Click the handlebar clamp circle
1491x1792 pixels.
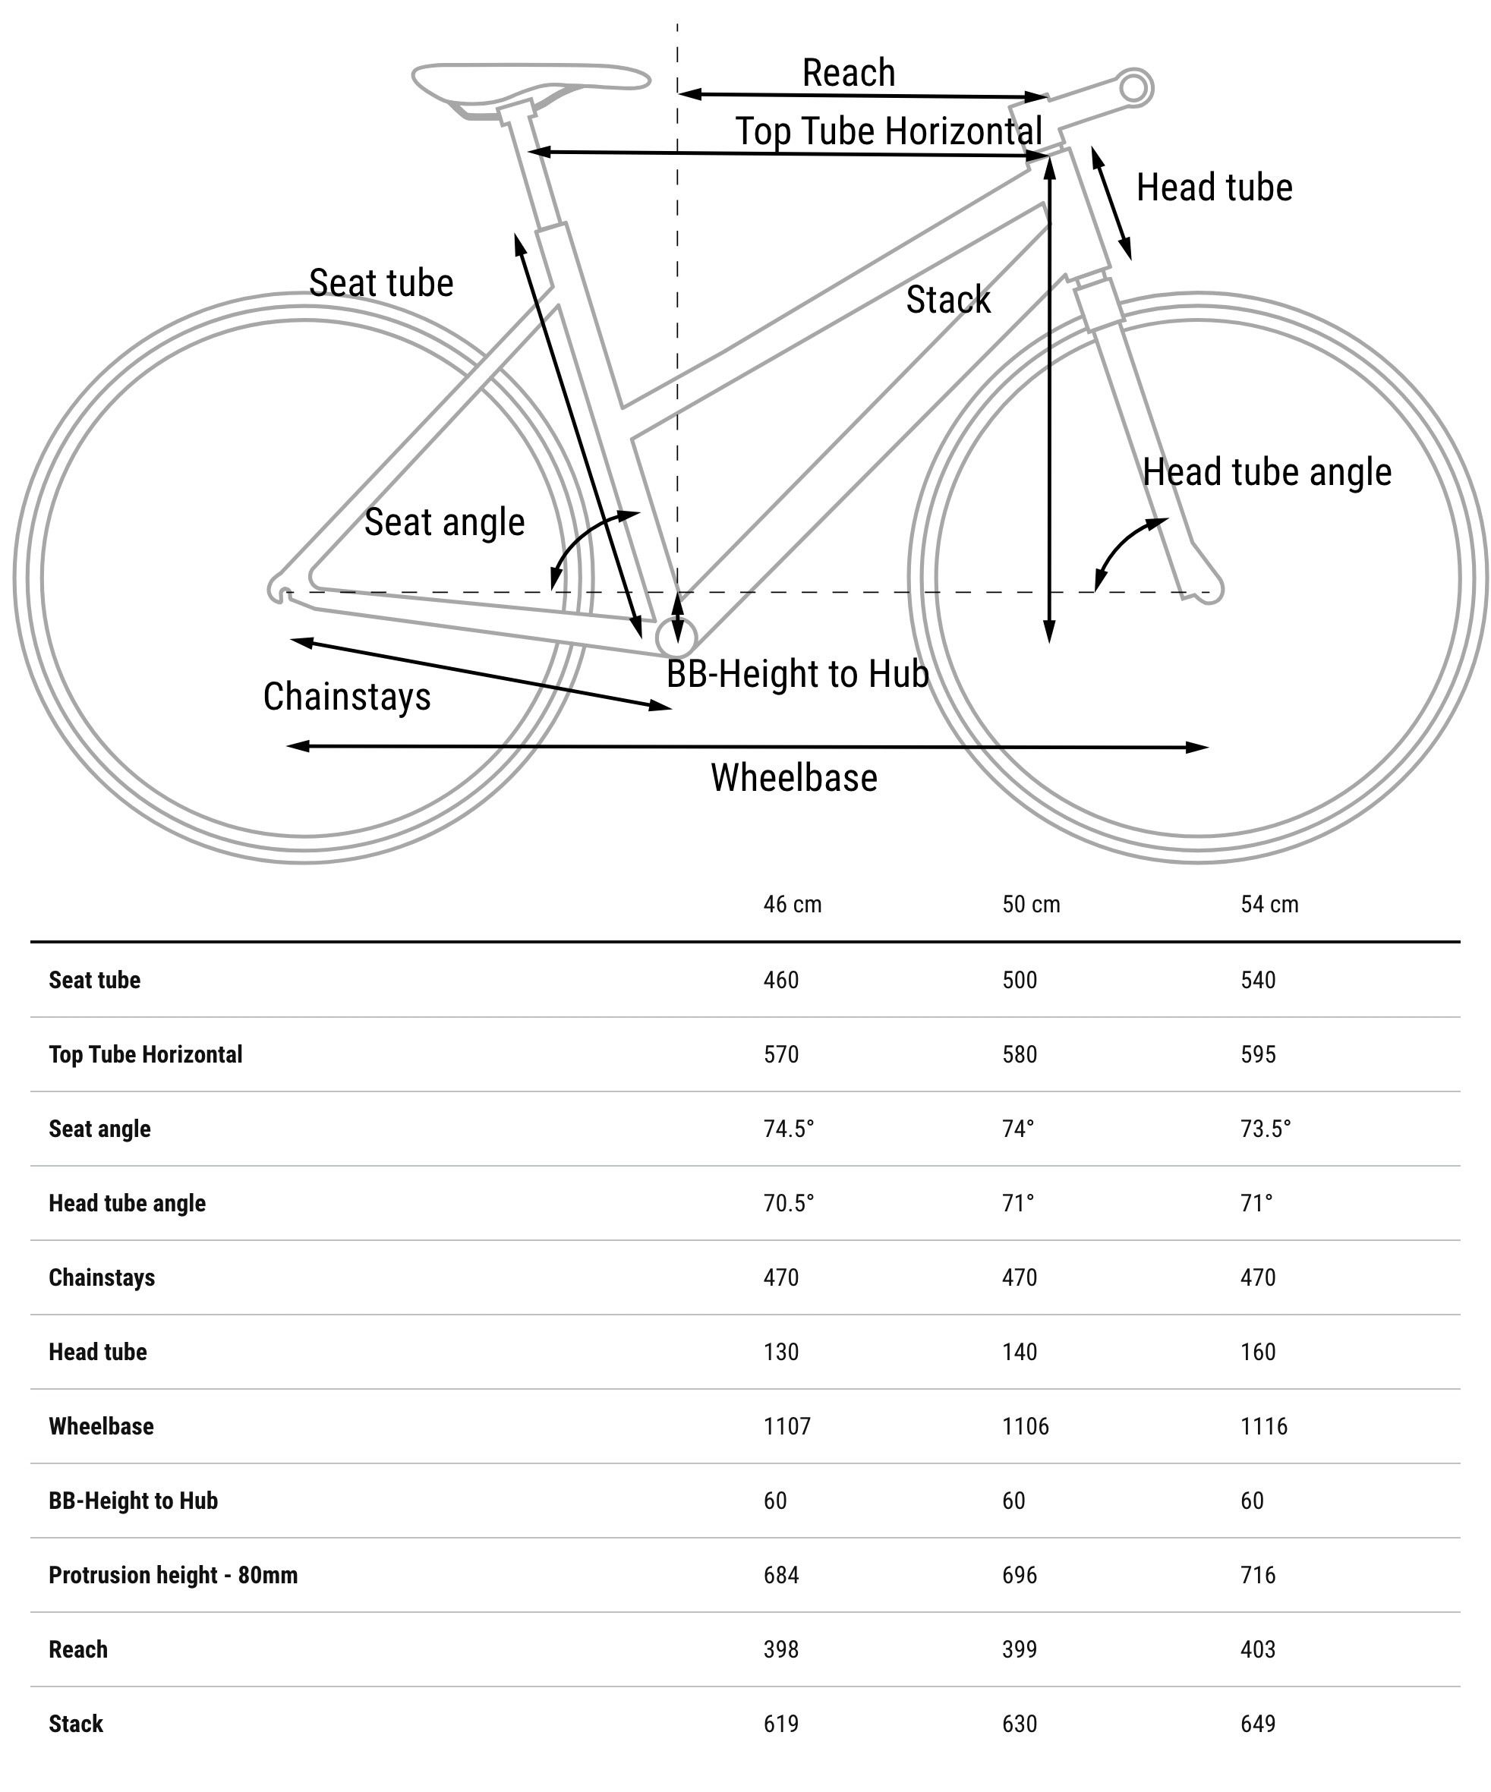1134,87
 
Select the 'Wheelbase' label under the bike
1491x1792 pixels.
794,778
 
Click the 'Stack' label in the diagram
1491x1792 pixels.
948,300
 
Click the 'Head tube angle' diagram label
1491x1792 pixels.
1266,472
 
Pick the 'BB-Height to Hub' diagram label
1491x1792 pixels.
797,674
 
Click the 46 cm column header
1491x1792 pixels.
792,905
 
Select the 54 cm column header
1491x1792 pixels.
1269,905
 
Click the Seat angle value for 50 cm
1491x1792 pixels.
1017,1128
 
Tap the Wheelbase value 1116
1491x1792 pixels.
1263,1426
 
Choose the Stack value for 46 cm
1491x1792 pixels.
781,1724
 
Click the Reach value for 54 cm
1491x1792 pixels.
1258,1649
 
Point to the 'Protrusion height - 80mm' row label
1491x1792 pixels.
173,1575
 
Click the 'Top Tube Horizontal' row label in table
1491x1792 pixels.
145,1055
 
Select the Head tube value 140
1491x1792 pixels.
1019,1352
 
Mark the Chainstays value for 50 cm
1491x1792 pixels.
1019,1277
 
